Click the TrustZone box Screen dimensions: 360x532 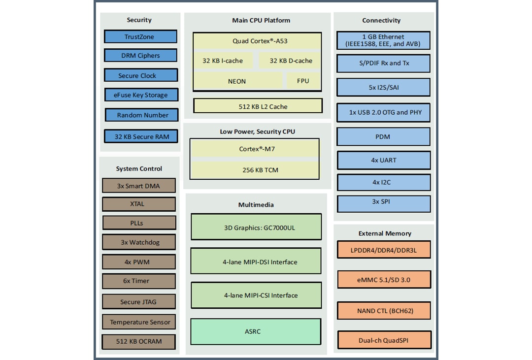pyautogui.click(x=140, y=37)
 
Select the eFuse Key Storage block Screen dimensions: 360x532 pyautogui.click(x=141, y=95)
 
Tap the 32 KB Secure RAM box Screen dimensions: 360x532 pyautogui.click(x=141, y=136)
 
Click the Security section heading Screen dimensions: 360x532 pyautogui.click(x=139, y=20)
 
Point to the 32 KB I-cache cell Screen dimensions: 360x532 pyautogui.click(x=223, y=61)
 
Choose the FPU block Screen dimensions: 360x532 pyautogui.click(x=303, y=81)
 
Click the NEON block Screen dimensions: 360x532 pyautogui.click(x=237, y=81)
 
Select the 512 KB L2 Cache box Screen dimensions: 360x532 pyautogui.click(x=258, y=106)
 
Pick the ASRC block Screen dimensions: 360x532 pyautogui.click(x=256, y=331)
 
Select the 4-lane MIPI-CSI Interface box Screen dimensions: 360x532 pyautogui.click(x=256, y=295)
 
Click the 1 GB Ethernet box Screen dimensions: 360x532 pyautogui.click(x=383, y=41)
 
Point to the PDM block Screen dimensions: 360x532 pyautogui.click(x=383, y=136)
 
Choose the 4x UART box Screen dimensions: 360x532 pyautogui.click(x=384, y=160)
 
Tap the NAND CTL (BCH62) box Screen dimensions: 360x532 pyautogui.click(x=384, y=311)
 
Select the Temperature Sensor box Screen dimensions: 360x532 pyautogui.click(x=139, y=322)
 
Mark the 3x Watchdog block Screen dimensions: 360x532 pyautogui.click(x=139, y=242)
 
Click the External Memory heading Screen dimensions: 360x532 pyautogui.click(x=385, y=233)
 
